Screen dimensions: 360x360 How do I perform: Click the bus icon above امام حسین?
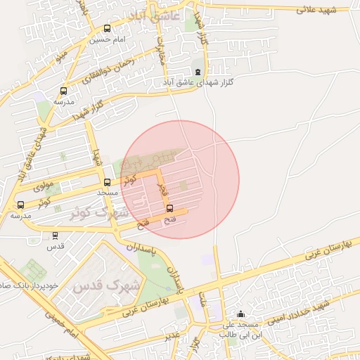(107, 29)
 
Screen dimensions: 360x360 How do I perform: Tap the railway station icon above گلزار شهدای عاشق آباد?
(198, 72)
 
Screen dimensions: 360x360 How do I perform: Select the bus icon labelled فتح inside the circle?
(169, 208)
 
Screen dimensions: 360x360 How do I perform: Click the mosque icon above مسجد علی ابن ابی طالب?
(241, 314)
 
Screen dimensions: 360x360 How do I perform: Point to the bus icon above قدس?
(56, 236)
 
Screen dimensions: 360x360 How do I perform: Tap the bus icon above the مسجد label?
(107, 182)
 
